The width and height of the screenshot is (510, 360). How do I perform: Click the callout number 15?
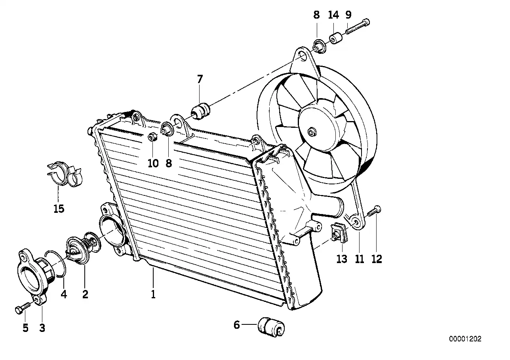59,208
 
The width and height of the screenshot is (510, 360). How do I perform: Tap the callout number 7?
200,79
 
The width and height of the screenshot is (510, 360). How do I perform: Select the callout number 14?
333,15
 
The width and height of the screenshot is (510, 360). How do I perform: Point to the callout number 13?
342,259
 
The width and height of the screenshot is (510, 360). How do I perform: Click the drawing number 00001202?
465,339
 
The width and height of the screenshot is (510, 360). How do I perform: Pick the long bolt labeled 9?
358,26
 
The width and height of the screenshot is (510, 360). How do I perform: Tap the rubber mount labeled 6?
271,327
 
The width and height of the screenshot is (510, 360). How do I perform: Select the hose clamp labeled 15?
64,174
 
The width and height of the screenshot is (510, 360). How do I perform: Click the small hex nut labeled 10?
152,137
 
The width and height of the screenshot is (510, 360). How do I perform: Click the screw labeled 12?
374,212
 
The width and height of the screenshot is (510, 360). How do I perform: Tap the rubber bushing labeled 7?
200,111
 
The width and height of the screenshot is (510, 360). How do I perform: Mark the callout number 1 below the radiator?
153,294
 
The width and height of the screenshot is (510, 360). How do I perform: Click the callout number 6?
237,325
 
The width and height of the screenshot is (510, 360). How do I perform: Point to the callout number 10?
153,163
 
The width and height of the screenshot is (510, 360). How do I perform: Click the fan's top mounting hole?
303,57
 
